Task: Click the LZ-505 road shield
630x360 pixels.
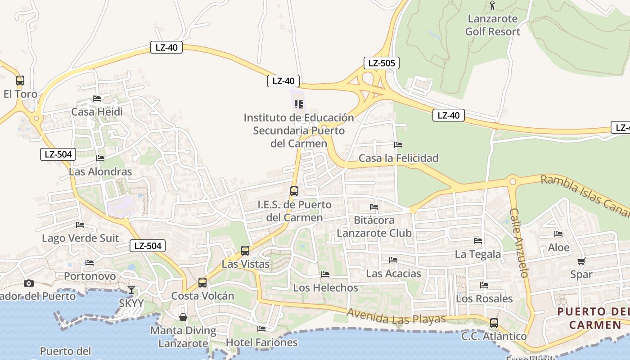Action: coord(381,63)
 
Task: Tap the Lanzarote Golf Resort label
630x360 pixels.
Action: coord(492,25)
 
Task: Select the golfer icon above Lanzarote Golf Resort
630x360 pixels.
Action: coord(492,6)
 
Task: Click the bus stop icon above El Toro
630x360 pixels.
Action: coord(20,81)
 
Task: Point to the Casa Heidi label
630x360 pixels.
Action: coord(97,112)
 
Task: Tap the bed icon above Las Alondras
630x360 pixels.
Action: coord(100,158)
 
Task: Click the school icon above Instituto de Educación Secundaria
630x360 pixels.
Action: coord(298,104)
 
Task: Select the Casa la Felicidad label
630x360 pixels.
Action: coord(398,158)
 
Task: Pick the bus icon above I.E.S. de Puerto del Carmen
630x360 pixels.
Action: coord(294,191)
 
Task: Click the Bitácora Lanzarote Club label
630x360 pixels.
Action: coord(374,226)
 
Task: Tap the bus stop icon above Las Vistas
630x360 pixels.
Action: coord(245,251)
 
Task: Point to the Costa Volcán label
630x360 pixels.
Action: coord(202,296)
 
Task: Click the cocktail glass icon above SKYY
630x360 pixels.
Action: coord(131,289)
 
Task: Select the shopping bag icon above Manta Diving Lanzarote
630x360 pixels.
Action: coord(183,317)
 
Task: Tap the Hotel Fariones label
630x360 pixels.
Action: coord(261,342)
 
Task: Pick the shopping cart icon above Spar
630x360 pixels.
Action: coord(581,261)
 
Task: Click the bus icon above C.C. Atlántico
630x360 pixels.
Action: coord(494,323)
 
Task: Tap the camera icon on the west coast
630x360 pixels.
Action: coord(29,283)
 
